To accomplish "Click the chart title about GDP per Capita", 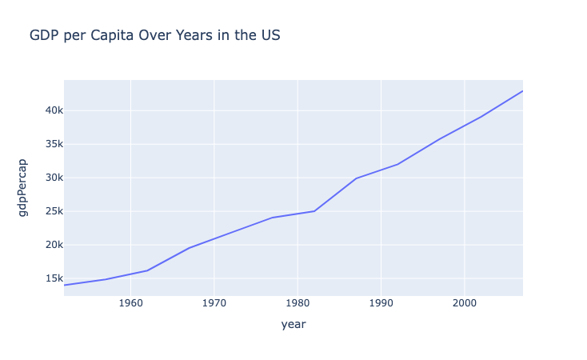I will pyautogui.click(x=154, y=36).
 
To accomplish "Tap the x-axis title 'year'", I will pyautogui.click(x=293, y=325).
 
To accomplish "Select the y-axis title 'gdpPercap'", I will pyautogui.click(x=23, y=187).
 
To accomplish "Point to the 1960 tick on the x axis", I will pyautogui.click(x=130, y=303).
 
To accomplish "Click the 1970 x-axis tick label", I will pyautogui.click(x=214, y=303).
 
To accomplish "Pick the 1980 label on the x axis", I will pyautogui.click(x=297, y=303).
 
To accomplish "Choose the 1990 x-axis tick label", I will pyautogui.click(x=381, y=303).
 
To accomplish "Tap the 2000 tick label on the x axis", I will pyautogui.click(x=465, y=303).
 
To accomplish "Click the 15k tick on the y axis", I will pyautogui.click(x=44, y=278).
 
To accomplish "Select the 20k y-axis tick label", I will pyautogui.click(x=44, y=245).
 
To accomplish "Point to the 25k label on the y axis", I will pyautogui.click(x=44, y=211).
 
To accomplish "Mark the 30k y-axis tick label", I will pyautogui.click(x=44, y=178).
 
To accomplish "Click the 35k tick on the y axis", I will pyautogui.click(x=44, y=144).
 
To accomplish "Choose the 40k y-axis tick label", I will pyautogui.click(x=44, y=110).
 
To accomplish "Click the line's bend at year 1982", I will pyautogui.click(x=314, y=211).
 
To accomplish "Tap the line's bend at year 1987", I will pyautogui.click(x=356, y=178).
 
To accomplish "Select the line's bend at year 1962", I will pyautogui.click(x=147, y=270).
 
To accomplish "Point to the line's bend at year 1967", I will pyautogui.click(x=189, y=248).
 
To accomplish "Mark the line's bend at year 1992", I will pyautogui.click(x=397, y=164).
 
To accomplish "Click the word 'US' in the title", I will pyautogui.click(x=270, y=36).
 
